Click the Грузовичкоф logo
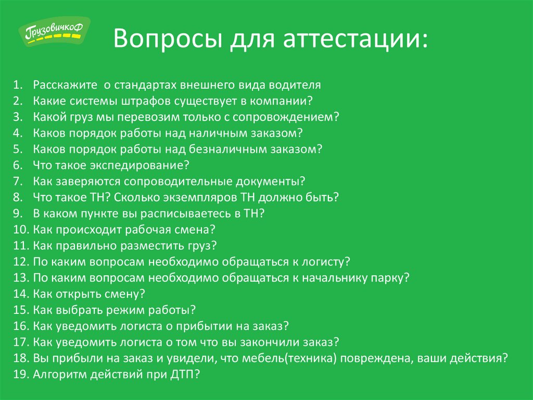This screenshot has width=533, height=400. point(54,31)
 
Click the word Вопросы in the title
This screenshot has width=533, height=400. point(168,39)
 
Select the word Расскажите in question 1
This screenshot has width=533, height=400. point(65,85)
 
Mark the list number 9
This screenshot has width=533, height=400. point(18,213)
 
